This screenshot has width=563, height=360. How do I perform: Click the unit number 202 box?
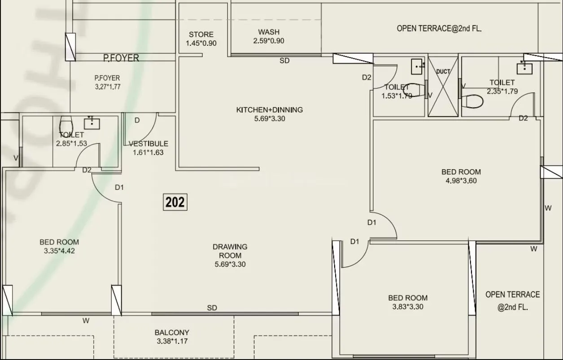coord(175,202)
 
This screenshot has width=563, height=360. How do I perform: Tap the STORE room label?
coord(201,35)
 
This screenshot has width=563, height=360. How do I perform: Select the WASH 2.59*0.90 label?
coord(269,36)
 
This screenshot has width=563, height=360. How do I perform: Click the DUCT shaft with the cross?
coord(443,86)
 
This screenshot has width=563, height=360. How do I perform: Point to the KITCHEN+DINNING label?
coord(269,110)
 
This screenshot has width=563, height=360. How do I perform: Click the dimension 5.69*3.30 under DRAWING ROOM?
coord(230,264)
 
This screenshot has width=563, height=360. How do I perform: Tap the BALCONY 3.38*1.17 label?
coord(172,337)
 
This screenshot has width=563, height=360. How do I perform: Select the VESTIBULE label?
coord(148,144)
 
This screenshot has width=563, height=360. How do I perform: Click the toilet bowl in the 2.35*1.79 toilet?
coord(472,100)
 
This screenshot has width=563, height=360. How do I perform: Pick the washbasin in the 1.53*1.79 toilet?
coord(418,67)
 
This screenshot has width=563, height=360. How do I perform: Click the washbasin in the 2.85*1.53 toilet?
coord(92,122)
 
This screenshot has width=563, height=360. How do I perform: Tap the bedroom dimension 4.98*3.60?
coord(461,181)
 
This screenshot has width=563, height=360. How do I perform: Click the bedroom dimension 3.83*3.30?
coord(407,307)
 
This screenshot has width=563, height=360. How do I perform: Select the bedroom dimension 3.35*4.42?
coord(59,251)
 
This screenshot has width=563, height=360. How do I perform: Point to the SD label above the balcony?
coord(212,308)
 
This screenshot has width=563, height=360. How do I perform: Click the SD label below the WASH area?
coord(284,61)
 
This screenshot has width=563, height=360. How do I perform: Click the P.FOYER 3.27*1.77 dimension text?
coord(108,87)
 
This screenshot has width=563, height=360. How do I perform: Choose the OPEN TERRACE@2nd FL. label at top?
coord(439,28)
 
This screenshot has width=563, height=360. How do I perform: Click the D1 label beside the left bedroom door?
coord(119,187)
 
